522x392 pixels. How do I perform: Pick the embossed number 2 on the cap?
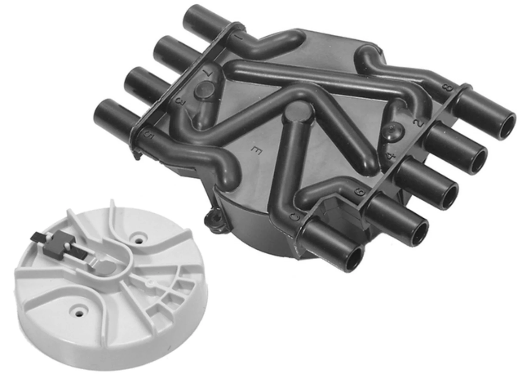419,123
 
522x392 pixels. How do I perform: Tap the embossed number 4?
390,157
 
